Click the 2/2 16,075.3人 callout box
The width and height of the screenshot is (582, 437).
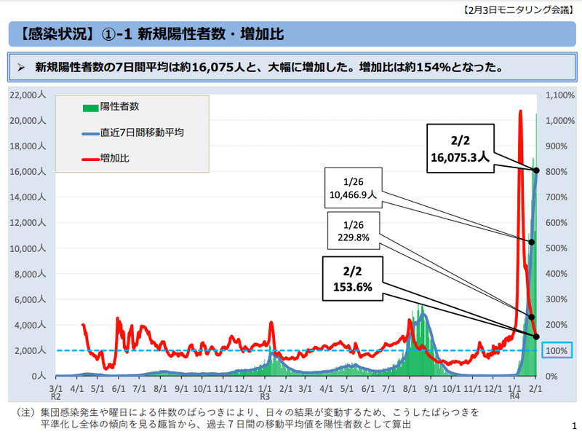458,149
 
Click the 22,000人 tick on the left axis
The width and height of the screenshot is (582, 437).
29,95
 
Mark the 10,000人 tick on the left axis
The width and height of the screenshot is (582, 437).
29,248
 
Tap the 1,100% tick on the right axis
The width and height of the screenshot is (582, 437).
560,95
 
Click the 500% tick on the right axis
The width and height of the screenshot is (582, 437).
557,248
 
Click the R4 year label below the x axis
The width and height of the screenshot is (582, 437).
514,398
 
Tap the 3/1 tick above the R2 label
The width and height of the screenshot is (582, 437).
56,389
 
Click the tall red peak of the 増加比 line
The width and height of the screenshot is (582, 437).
520,112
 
